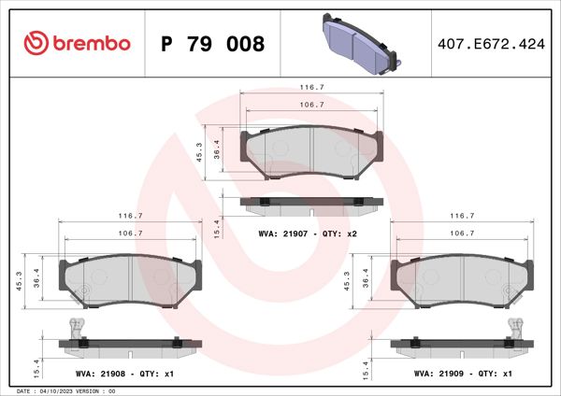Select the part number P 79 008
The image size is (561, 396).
(213, 43)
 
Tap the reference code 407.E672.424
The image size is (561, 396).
(492, 43)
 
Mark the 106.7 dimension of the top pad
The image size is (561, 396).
(311, 105)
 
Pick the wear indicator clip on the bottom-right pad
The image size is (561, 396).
(513, 327)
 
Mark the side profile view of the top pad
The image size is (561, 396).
(311, 202)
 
